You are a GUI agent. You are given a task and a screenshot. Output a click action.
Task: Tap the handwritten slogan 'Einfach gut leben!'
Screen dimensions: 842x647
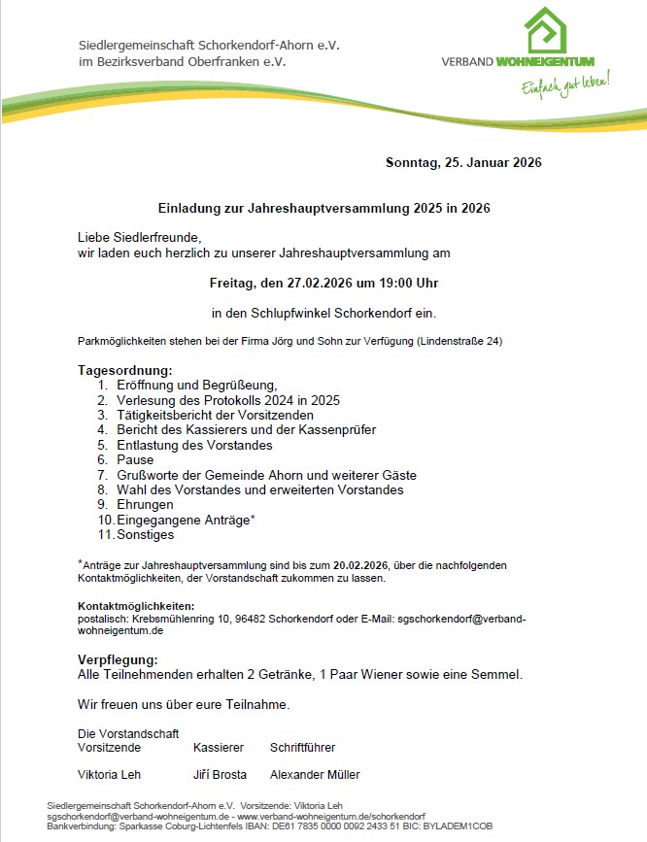[565, 84]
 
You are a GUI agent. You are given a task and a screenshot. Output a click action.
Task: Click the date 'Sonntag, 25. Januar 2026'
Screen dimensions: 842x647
[463, 162]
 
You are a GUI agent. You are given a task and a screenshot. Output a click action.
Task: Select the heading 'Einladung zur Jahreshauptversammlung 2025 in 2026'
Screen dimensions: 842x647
[323, 208]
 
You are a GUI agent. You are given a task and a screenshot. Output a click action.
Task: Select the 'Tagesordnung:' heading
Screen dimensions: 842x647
[124, 371]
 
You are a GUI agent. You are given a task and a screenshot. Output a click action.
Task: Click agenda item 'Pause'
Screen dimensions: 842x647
[135, 460]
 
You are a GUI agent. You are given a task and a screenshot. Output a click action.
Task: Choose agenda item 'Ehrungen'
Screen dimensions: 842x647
[145, 505]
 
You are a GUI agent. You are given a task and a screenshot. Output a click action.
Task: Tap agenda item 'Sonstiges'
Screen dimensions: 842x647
[147, 535]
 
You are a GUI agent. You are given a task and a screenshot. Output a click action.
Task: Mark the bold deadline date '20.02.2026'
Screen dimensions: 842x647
[360, 565]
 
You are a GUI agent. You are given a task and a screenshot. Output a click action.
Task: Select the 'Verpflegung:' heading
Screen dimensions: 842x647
[117, 659]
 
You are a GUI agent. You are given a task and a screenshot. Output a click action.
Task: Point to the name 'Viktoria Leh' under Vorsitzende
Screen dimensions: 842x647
[109, 775]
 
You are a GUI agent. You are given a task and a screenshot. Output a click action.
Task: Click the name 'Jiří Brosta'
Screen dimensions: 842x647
[220, 775]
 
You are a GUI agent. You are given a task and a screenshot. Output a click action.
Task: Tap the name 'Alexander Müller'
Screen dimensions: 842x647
[315, 775]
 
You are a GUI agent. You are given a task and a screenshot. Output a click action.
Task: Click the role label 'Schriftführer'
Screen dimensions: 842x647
[302, 748]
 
